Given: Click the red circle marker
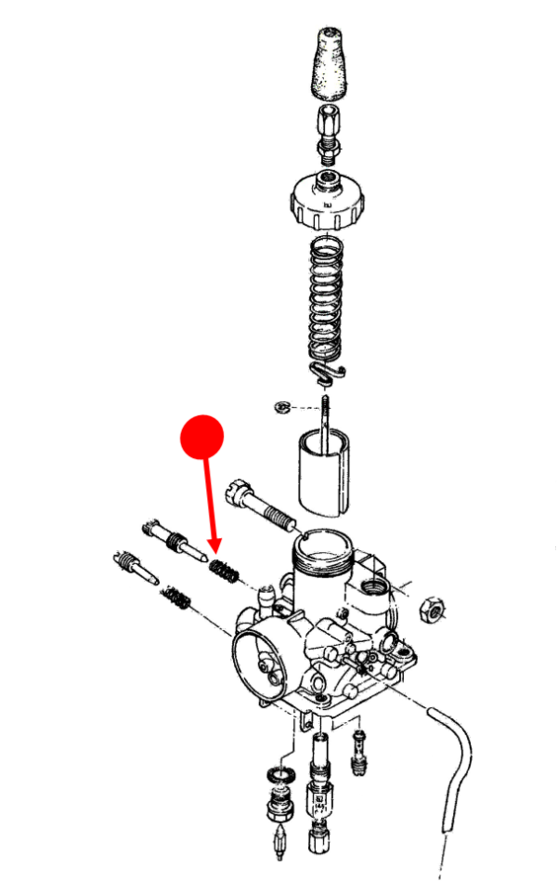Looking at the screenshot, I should click(x=202, y=437).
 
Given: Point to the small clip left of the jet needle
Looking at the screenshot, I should click(x=282, y=407).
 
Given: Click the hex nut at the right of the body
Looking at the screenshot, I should click(x=433, y=609).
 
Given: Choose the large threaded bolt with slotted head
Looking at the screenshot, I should click(x=264, y=502).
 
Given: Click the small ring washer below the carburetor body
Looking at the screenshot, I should click(x=276, y=773).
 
